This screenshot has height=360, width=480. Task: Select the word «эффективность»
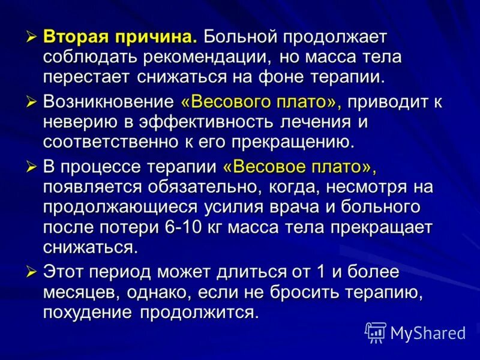(193, 122)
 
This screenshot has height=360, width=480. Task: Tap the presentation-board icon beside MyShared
(376, 332)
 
